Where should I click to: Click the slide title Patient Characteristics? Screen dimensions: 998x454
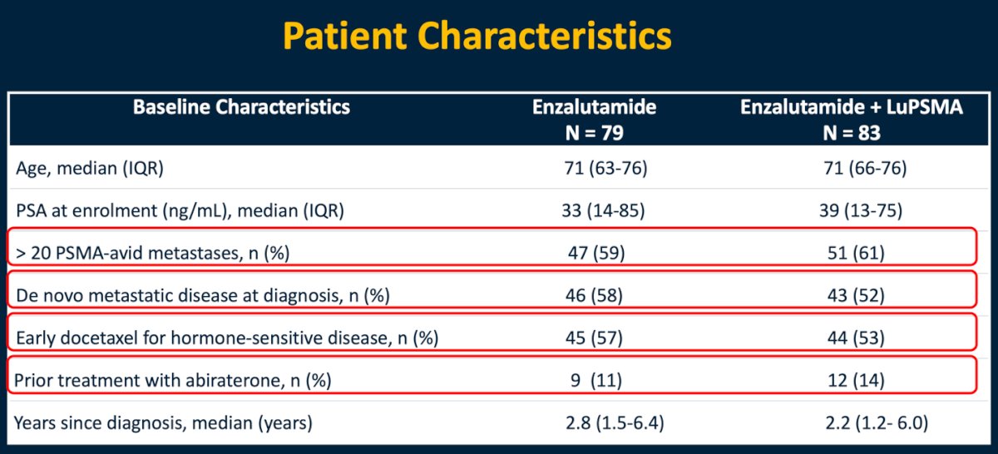point(477,37)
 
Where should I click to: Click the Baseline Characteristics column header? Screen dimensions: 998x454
point(241,107)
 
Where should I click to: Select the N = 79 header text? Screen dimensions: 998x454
point(594,133)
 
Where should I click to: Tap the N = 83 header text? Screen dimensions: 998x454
point(852,133)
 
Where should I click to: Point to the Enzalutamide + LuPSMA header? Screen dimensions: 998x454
point(852,107)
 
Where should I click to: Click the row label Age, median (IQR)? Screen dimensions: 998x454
point(90,169)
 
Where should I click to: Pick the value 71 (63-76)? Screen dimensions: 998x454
point(605,169)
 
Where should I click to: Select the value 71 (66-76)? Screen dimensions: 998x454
point(865,169)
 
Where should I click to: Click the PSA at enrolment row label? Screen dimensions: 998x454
point(180,210)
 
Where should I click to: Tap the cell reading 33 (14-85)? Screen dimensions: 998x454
point(603,210)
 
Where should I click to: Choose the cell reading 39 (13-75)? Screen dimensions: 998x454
point(861,210)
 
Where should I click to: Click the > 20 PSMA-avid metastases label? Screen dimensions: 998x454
point(153,253)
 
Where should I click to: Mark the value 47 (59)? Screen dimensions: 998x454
point(596,253)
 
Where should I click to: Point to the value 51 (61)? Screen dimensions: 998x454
point(856,253)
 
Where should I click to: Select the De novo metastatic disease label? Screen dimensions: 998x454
point(203,295)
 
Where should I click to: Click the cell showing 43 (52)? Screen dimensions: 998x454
point(856,295)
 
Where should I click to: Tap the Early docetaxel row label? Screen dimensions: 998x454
point(227,338)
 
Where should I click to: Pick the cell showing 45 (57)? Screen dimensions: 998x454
point(594,338)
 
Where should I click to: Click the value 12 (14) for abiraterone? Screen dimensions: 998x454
point(856,380)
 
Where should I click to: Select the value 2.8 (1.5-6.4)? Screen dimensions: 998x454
point(615,422)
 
